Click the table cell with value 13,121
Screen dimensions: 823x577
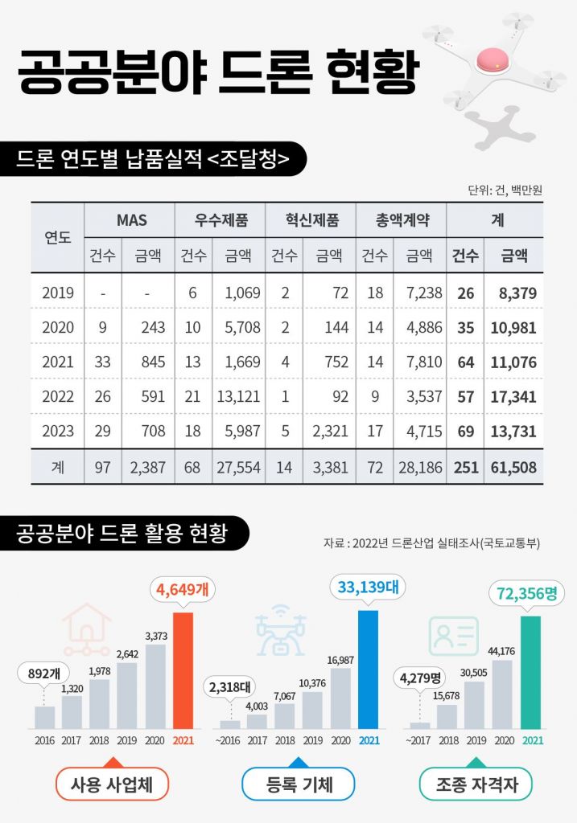tap(238, 396)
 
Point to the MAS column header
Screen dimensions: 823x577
tap(130, 219)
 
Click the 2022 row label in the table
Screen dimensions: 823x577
tap(57, 396)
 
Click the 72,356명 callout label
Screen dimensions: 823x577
tap(530, 594)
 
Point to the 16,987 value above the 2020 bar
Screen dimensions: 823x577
tap(340, 661)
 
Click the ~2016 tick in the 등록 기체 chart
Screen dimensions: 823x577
tap(230, 740)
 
